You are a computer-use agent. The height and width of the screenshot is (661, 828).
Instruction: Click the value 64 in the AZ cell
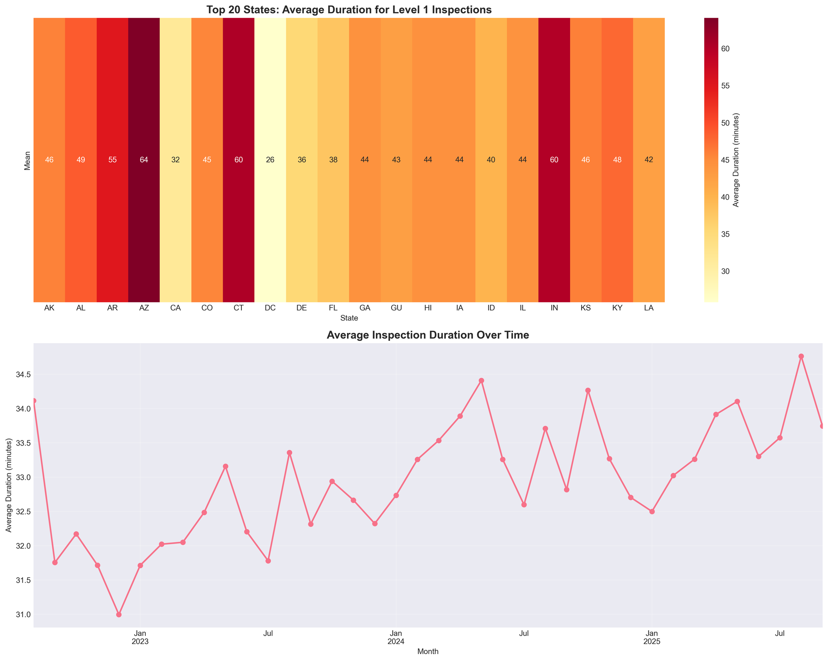144,160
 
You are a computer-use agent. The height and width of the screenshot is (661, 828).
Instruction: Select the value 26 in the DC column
270,160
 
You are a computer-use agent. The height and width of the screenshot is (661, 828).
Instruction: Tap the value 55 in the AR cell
112,160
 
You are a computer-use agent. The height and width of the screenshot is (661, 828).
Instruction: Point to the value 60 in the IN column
554,160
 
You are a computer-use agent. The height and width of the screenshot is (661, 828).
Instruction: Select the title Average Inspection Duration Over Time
428,335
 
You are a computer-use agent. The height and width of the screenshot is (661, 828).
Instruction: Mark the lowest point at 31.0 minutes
119,615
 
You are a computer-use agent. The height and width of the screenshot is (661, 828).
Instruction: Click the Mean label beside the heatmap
28,160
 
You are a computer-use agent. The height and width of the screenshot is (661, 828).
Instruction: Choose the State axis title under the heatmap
349,318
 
